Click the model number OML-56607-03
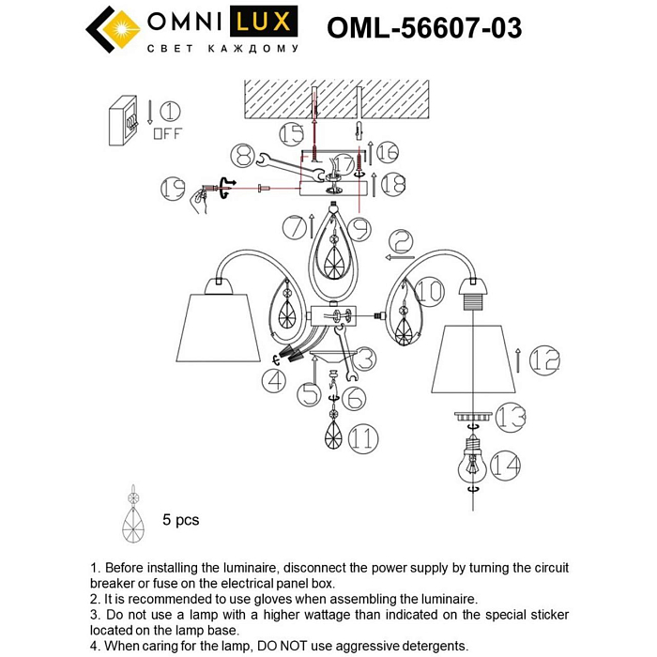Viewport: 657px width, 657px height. coord(423,28)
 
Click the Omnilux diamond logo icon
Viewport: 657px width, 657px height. coord(112,29)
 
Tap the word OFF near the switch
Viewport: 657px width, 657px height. coord(167,133)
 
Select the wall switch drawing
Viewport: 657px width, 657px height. coord(124,121)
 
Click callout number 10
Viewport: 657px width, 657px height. coord(430,292)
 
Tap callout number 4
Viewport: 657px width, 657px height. coord(275,380)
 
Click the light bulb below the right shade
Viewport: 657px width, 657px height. coord(473,463)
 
